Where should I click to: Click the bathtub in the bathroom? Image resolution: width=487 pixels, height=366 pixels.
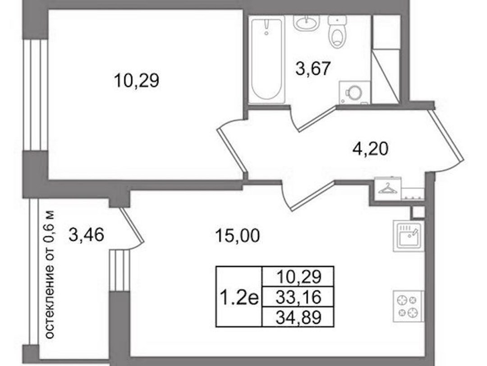(x=267, y=60)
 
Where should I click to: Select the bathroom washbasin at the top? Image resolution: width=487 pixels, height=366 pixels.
(x=306, y=23)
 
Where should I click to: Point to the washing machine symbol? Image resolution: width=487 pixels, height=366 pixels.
(x=355, y=92)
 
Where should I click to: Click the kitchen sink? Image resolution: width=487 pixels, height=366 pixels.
(x=409, y=236)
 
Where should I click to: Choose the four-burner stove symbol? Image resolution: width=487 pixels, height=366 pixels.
(x=409, y=306)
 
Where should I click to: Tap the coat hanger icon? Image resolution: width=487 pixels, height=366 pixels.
(x=387, y=189)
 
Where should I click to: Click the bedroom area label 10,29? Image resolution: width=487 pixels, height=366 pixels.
(x=137, y=80)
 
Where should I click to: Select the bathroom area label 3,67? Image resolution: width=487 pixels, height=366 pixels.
(x=312, y=69)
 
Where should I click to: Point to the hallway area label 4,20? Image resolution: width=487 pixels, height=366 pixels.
(x=370, y=149)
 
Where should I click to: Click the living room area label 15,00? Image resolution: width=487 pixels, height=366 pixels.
(x=237, y=236)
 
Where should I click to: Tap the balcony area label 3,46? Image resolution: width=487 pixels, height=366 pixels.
(x=86, y=235)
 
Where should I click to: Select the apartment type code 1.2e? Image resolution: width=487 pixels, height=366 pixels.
(x=239, y=297)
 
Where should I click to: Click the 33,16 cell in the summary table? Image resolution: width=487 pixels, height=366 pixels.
(x=298, y=297)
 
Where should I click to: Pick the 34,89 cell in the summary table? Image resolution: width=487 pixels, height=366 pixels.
(x=298, y=317)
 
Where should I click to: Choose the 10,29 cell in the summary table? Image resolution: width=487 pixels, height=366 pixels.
(x=298, y=277)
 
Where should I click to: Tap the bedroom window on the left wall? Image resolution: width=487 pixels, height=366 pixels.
(x=35, y=95)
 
